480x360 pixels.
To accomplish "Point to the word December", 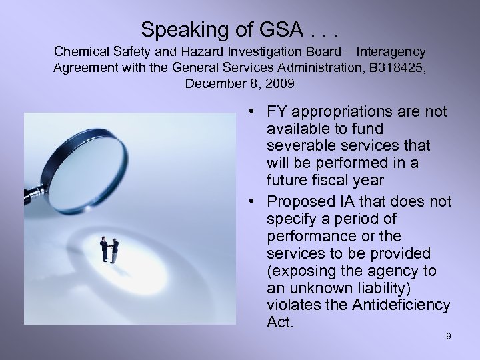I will pos(213,85).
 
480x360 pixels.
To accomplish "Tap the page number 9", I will pos(449,337).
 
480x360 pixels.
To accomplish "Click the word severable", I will pos(296,145).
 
